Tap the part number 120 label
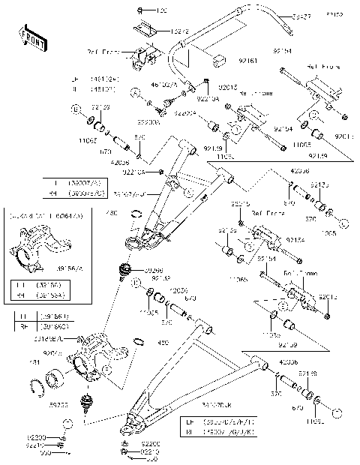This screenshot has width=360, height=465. tap(162, 11)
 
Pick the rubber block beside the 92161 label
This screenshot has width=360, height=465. tap(217, 60)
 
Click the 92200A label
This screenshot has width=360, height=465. tap(148, 121)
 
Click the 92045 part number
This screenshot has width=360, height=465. tap(52, 353)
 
